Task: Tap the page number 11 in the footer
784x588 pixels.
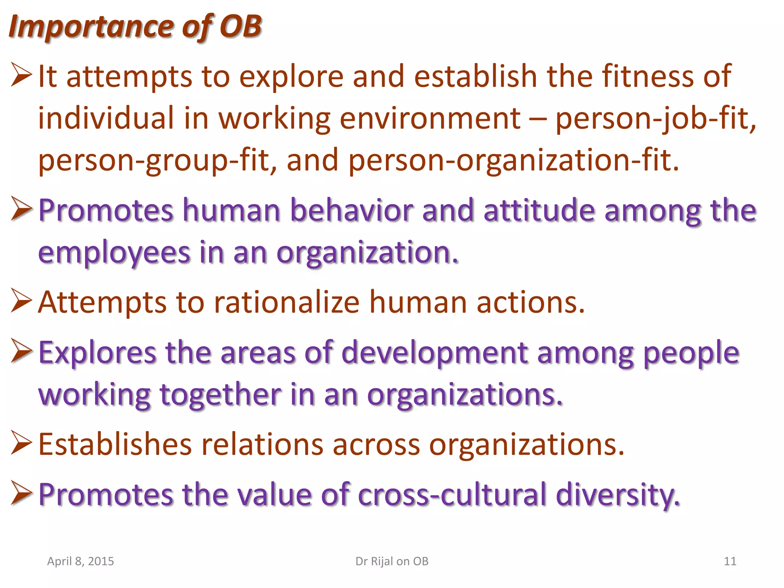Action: pyautogui.click(x=730, y=561)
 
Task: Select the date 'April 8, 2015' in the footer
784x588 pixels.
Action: pyautogui.click(x=80, y=561)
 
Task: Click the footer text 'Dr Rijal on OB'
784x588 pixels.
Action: pyautogui.click(x=392, y=561)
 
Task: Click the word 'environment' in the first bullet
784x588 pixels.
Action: pyautogui.click(x=430, y=118)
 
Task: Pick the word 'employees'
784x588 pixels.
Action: pyautogui.click(x=114, y=253)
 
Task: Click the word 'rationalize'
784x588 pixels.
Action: pyautogui.click(x=287, y=302)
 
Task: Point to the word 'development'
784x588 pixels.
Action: pyautogui.click(x=434, y=353)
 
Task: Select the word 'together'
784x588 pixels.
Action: pyautogui.click(x=220, y=395)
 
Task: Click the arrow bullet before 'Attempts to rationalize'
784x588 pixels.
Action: pyautogui.click(x=21, y=301)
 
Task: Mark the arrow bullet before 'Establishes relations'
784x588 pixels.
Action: pyautogui.click(x=21, y=443)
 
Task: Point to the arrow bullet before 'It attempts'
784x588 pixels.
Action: pyautogui.click(x=21, y=75)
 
